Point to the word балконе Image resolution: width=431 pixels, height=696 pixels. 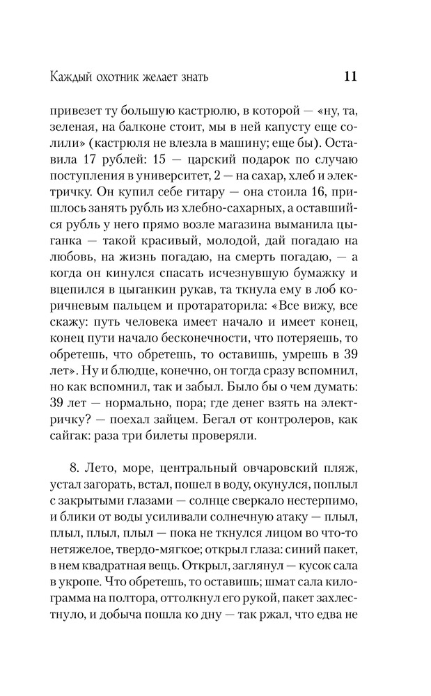[x=162, y=129]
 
